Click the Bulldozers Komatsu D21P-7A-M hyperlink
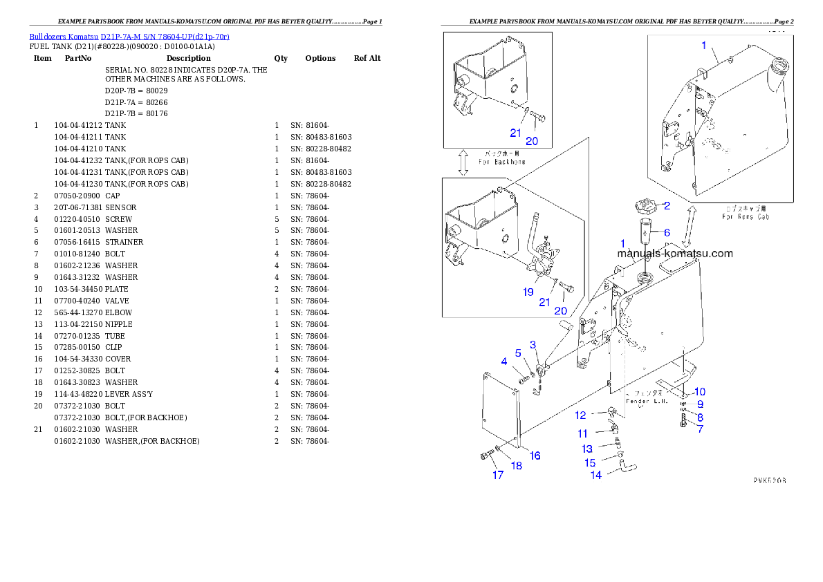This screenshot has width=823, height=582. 129,36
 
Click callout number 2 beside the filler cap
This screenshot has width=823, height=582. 667,205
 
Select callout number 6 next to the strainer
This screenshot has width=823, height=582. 667,233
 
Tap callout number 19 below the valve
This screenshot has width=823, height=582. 528,292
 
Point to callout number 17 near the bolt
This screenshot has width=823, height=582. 498,475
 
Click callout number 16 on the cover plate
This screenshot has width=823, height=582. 535,456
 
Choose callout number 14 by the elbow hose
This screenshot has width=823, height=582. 595,475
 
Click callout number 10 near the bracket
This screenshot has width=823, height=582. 700,392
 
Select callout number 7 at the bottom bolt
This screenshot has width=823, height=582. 700,429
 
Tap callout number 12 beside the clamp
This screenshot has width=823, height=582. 580,415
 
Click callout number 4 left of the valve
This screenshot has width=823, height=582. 504,362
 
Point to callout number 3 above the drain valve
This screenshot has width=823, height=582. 533,344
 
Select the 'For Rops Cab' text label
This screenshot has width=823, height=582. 746,216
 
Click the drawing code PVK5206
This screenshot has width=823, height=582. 770,480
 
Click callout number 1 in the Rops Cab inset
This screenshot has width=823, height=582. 704,46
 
